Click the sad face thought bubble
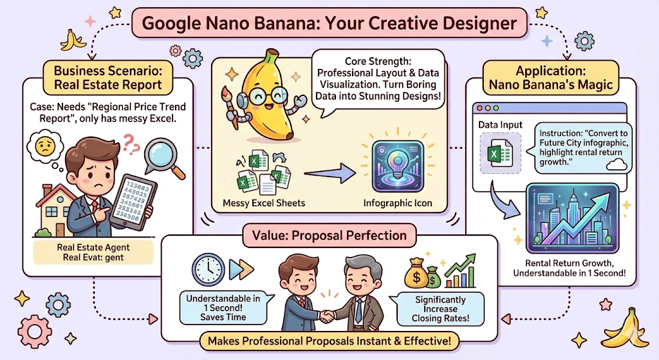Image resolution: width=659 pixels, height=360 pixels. pos(45,147)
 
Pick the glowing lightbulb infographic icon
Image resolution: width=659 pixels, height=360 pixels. pos(398,167)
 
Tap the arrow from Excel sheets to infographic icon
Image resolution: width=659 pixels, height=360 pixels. pos(330,173)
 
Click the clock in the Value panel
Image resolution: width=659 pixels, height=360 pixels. pos(209,270)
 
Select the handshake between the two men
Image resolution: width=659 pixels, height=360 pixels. pos(327,316)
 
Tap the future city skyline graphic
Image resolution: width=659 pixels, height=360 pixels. pos(572,218)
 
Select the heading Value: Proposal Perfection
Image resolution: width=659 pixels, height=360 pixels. pos(329,235)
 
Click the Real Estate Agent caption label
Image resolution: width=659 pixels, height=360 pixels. pos(93,247)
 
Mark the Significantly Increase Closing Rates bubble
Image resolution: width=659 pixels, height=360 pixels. pos(440,309)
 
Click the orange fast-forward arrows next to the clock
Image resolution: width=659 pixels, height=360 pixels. pos(242,270)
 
